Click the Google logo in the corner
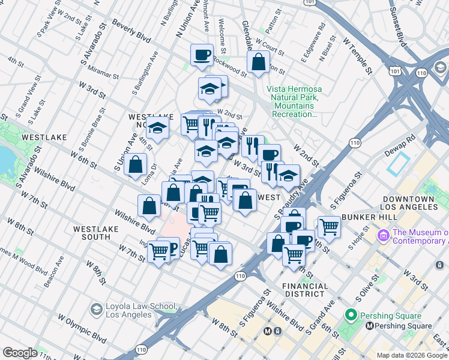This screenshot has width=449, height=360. tap(20, 353)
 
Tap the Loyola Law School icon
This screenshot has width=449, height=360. tap(95, 309)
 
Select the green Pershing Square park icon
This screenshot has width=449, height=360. tap(351, 315)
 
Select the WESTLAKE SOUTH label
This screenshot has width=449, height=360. tap(92, 233)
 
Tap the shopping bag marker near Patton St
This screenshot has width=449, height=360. tap(258, 61)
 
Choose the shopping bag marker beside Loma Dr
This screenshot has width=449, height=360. tap(137, 164)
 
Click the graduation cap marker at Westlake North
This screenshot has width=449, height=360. tap(157, 129)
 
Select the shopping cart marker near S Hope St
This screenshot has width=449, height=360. tap(329, 227)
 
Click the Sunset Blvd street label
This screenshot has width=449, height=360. tap(398, 24)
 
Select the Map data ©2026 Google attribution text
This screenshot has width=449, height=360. tap(412, 355)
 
